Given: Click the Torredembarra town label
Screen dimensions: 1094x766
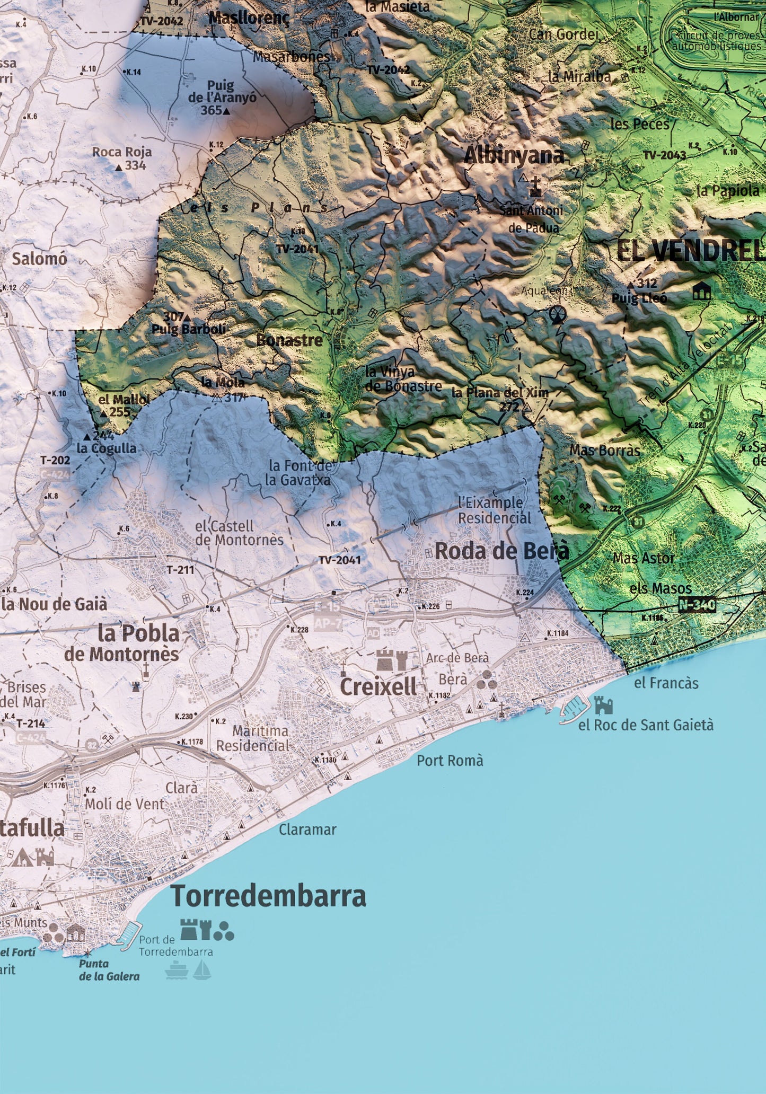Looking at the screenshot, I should pyautogui.click(x=268, y=896).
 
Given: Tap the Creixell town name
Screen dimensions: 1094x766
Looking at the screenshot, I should pyautogui.click(x=378, y=687).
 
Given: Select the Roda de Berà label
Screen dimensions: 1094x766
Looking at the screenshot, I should pyautogui.click(x=501, y=551).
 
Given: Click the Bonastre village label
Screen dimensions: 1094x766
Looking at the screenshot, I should pyautogui.click(x=289, y=340).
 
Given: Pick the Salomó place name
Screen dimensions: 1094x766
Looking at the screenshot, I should pyautogui.click(x=39, y=259).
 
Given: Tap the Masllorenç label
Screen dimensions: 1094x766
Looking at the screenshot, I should pyautogui.click(x=249, y=18).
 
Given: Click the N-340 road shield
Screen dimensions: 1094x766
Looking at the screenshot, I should pyautogui.click(x=697, y=605).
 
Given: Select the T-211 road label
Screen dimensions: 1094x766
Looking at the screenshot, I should pyautogui.click(x=180, y=570).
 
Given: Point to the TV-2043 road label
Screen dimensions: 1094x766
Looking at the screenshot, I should pyautogui.click(x=664, y=155).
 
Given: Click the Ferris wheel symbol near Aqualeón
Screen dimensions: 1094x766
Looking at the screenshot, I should pyautogui.click(x=557, y=315).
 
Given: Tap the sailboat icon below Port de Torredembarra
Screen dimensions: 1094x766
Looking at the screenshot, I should pyautogui.click(x=202, y=970).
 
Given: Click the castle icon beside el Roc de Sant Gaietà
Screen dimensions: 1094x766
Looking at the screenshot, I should pyautogui.click(x=603, y=705).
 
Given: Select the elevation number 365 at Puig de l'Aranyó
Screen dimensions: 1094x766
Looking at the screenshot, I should pyautogui.click(x=211, y=111).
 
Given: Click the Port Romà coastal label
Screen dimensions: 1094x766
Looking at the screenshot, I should pyautogui.click(x=450, y=761).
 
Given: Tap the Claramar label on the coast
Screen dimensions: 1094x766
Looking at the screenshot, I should pyautogui.click(x=307, y=830).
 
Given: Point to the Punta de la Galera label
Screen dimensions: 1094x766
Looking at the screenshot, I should pyautogui.click(x=109, y=971).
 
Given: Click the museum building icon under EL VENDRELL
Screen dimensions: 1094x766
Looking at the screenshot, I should pyautogui.click(x=701, y=291).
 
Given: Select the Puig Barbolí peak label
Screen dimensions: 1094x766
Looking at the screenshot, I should pyautogui.click(x=188, y=329).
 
